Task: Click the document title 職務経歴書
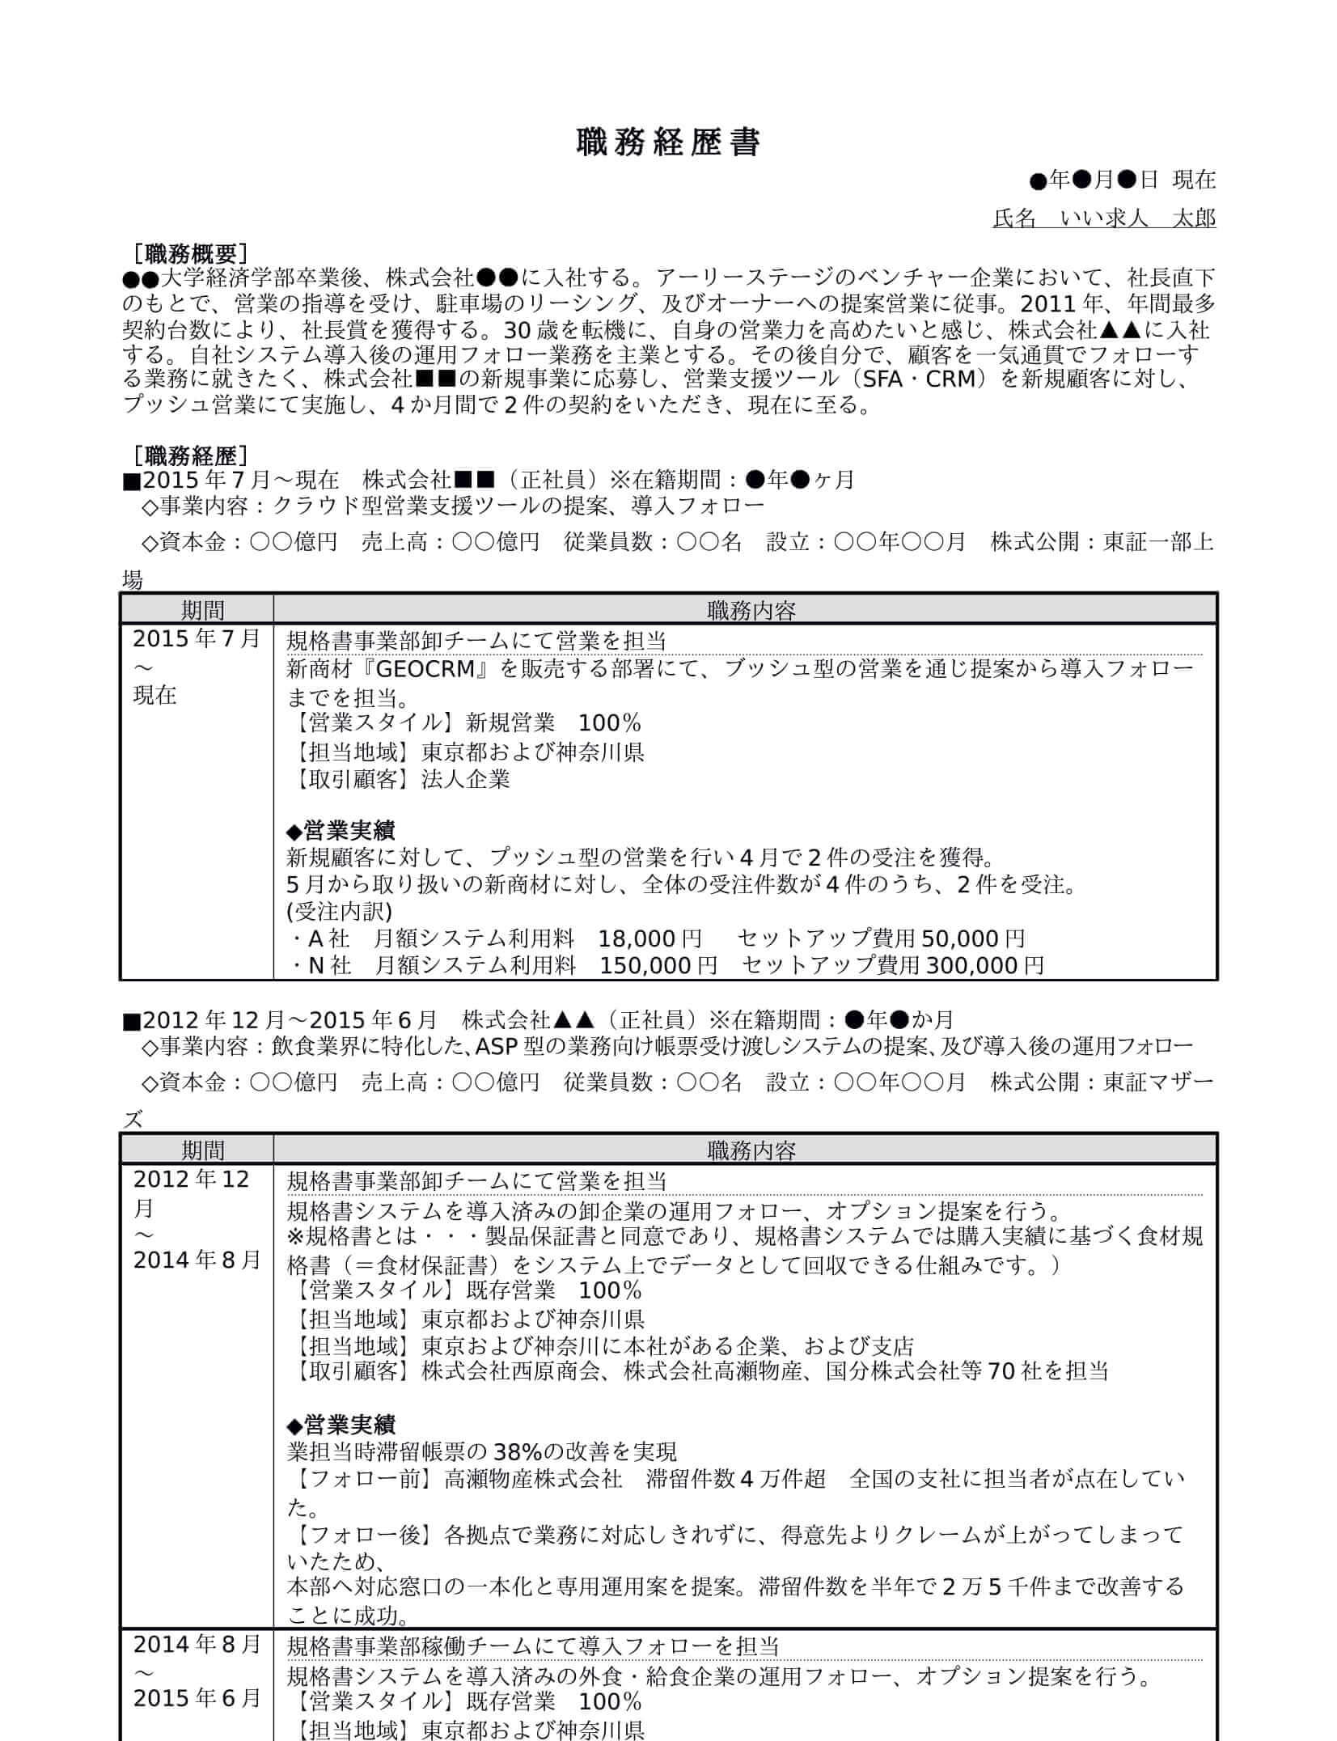pos(668,143)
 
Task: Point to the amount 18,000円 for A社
pos(649,938)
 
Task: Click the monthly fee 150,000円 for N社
pos(658,965)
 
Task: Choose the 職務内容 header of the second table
pos(751,1150)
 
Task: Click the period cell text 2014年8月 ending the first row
pos(197,1260)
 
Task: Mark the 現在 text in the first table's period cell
pos(154,696)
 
